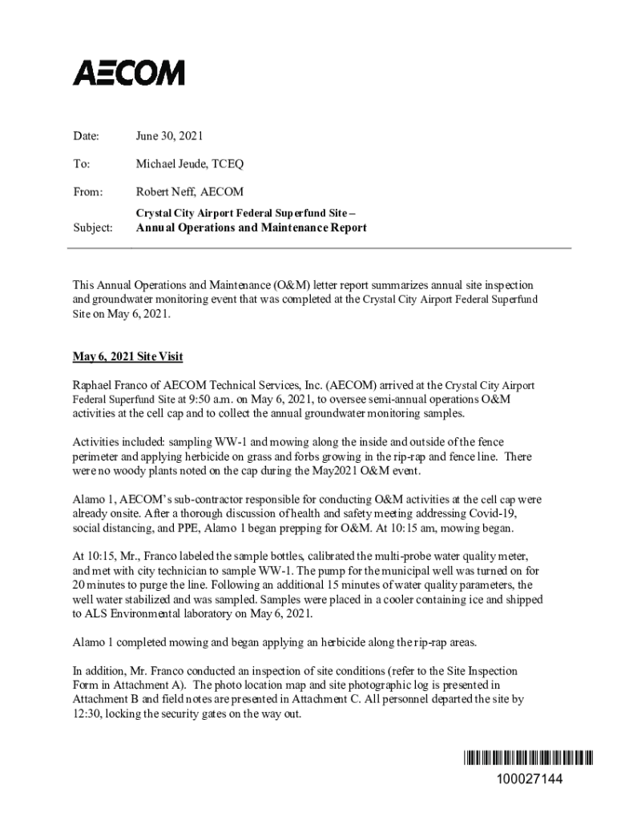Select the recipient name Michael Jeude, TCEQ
190,164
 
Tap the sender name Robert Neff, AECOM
190,191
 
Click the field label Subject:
93,228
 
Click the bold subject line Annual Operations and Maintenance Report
251,228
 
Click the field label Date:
87,136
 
